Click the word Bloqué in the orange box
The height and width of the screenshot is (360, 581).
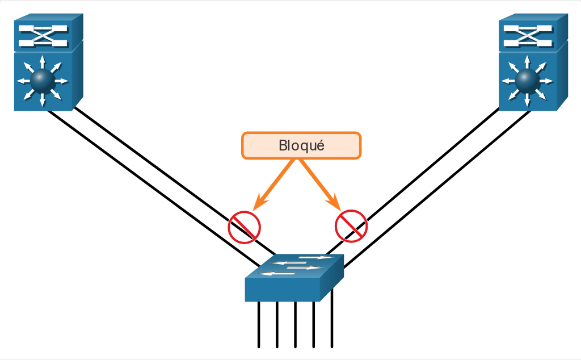301,146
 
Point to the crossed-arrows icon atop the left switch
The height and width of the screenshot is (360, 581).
43,36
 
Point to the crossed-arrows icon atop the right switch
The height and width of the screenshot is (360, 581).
528,36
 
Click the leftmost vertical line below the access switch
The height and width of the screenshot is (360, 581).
259,324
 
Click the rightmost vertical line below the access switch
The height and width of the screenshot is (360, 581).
331,318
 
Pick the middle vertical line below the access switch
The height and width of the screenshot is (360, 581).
295,324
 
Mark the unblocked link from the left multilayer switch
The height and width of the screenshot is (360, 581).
154,189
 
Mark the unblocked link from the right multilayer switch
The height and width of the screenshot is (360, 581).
437,189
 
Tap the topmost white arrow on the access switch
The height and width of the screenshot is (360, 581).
316,257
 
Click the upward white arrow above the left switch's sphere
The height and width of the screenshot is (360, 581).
43,62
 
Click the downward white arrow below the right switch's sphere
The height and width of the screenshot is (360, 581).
527,100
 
